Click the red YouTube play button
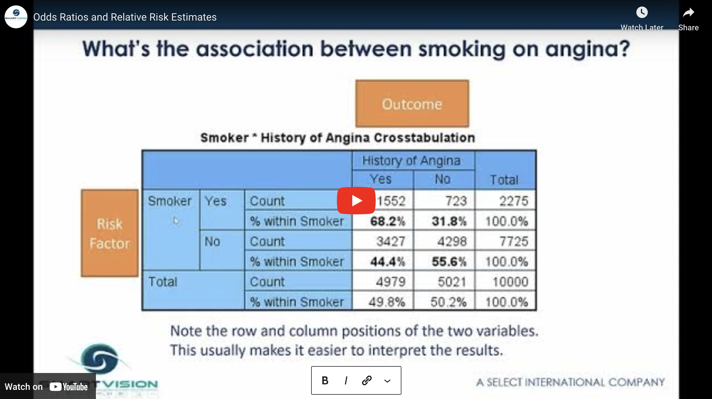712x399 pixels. (x=356, y=201)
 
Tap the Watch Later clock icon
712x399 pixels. (x=642, y=12)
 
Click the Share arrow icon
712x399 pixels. (x=688, y=12)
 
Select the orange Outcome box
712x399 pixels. (x=412, y=103)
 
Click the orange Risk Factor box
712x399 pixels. (x=110, y=233)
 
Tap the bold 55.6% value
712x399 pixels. (x=449, y=262)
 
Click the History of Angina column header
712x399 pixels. (x=411, y=161)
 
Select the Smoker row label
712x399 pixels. (x=170, y=201)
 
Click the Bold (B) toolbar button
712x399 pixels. (x=325, y=380)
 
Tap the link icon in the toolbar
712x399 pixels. (x=367, y=380)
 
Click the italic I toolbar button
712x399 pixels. (x=346, y=380)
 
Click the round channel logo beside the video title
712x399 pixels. (x=16, y=17)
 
